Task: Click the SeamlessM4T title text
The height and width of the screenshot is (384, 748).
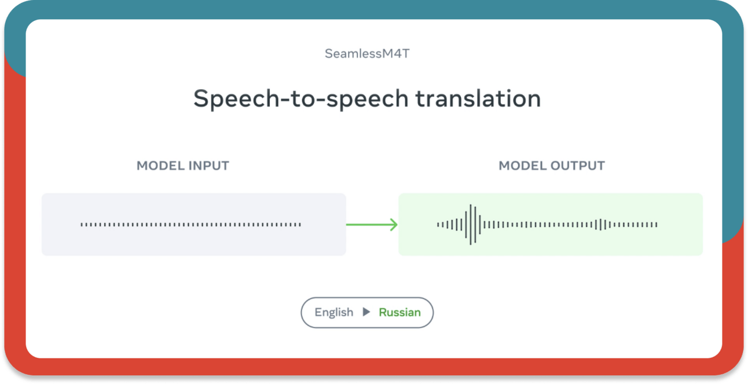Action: coord(367,53)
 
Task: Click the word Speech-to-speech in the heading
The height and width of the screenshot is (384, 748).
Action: coord(301,99)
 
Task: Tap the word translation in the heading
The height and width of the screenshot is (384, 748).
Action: coord(478,98)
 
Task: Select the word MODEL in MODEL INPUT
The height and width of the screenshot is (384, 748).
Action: coord(160,166)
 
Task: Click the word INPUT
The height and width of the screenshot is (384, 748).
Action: coord(208,166)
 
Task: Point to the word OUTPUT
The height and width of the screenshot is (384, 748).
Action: coord(577,166)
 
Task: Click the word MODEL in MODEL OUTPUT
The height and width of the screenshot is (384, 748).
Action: coord(522,166)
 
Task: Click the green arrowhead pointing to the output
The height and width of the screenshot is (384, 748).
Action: coord(394,225)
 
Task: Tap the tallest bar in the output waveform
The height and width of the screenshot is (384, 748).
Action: coord(471,225)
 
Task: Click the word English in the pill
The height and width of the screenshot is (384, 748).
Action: coord(333,313)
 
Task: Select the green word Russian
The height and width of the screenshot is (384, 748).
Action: coord(399,313)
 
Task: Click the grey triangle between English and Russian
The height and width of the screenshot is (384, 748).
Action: coord(366,312)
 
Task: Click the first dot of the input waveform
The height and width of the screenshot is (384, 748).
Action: coord(82,225)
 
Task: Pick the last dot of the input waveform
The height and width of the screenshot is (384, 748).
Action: coord(300,225)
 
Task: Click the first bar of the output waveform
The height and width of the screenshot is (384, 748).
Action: coord(438,225)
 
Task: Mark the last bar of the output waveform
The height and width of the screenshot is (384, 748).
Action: coord(657,225)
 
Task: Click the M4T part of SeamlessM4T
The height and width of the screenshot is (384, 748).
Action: coord(395,53)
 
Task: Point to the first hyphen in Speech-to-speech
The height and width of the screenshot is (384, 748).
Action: coord(285,100)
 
